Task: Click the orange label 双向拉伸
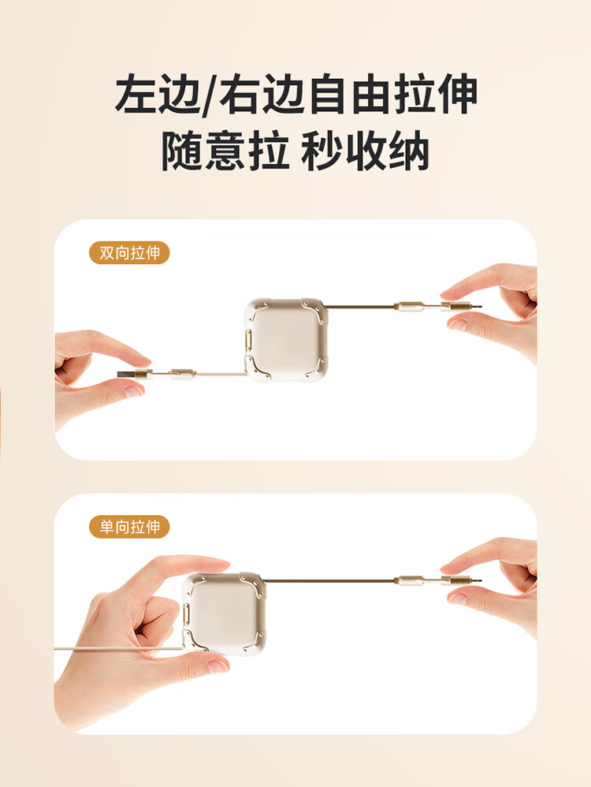pyautogui.click(x=129, y=253)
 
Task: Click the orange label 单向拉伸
pyautogui.click(x=129, y=527)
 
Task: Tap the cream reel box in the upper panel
pyautogui.click(x=286, y=340)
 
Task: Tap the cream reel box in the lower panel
pyautogui.click(x=224, y=614)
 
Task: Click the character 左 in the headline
pyautogui.click(x=136, y=94)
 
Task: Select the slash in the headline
pyautogui.click(x=210, y=95)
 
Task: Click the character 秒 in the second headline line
pyautogui.click(x=322, y=151)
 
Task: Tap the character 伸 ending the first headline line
pyautogui.click(x=456, y=94)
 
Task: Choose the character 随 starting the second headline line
pyautogui.click(x=182, y=151)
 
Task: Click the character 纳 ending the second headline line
pyautogui.click(x=410, y=151)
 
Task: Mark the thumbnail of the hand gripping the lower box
pyautogui.click(x=218, y=666)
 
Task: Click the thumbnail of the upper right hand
pyautogui.click(x=458, y=324)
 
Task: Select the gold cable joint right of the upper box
pyautogui.click(x=408, y=305)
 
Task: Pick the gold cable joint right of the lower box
pyautogui.click(x=408, y=580)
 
